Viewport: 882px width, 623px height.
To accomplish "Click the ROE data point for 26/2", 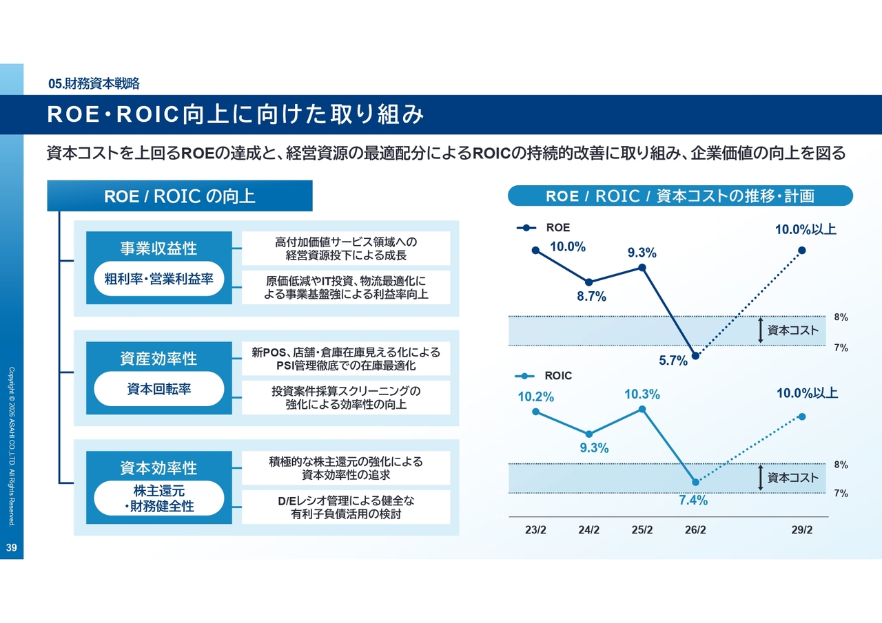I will pyautogui.click(x=695, y=356).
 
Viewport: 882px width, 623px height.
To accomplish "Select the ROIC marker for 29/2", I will pyautogui.click(x=801, y=416).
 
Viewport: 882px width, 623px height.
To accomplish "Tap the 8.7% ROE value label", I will pyautogui.click(x=592, y=297).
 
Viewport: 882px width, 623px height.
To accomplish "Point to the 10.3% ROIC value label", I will pyautogui.click(x=642, y=394).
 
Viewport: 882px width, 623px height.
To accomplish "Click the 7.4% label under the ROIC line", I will pyautogui.click(x=693, y=500).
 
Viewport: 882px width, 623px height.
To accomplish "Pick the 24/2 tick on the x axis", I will pyautogui.click(x=589, y=529).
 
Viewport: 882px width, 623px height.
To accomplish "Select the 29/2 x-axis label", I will pyautogui.click(x=801, y=529).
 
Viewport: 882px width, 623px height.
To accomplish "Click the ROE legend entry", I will pyautogui.click(x=544, y=227).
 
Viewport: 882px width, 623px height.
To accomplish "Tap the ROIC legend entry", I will pyautogui.click(x=544, y=376).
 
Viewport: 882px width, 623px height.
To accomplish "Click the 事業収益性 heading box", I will pyautogui.click(x=158, y=248).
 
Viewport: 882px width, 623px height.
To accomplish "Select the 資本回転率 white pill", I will pyautogui.click(x=158, y=389).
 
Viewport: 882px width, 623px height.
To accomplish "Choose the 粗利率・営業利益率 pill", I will pyautogui.click(x=158, y=279).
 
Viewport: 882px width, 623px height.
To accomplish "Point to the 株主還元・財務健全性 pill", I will pyautogui.click(x=158, y=498).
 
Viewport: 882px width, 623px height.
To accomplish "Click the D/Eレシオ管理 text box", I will pyautogui.click(x=346, y=507).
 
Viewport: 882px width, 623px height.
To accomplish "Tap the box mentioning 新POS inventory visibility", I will pyautogui.click(x=346, y=359).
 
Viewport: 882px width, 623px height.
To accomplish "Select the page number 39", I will pyautogui.click(x=11, y=548).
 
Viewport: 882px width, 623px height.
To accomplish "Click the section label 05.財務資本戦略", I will pyautogui.click(x=94, y=84).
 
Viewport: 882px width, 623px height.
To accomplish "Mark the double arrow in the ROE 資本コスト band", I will pyautogui.click(x=760, y=330).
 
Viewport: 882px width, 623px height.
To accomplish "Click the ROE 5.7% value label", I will pyautogui.click(x=673, y=361).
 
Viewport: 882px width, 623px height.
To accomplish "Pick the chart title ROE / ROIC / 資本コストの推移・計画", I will pyautogui.click(x=679, y=196).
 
